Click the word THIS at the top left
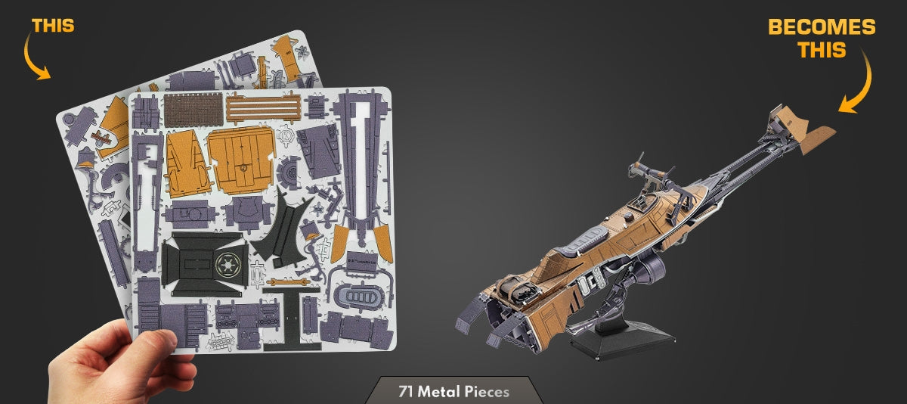(x=53, y=26)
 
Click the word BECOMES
(x=822, y=27)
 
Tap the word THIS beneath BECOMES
(x=822, y=50)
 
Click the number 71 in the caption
(x=406, y=391)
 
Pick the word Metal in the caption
(x=439, y=391)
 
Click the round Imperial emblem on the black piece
(x=228, y=265)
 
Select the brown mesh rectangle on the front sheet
(x=193, y=110)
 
